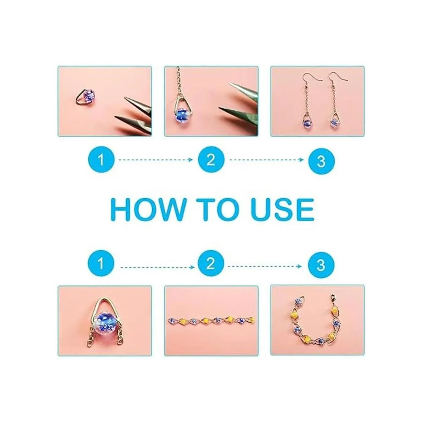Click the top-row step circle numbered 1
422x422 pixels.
click(101, 160)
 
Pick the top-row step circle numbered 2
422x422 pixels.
click(211, 160)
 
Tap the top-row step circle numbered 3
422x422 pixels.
click(321, 161)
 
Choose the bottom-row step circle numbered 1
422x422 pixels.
click(101, 263)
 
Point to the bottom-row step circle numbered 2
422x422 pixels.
click(211, 263)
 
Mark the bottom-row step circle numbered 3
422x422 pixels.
click(321, 265)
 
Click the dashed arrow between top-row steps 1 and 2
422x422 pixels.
click(156, 160)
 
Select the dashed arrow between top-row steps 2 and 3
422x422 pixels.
click(267, 160)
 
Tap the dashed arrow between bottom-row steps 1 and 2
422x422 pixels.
click(157, 267)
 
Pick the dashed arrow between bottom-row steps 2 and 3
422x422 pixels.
click(265, 267)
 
